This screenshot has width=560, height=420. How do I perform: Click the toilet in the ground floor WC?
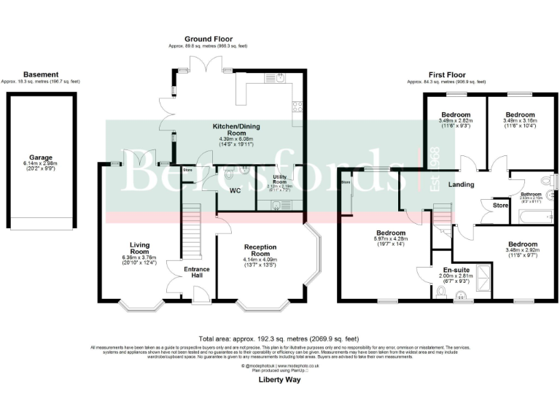230,175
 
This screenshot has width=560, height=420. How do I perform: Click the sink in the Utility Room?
276,204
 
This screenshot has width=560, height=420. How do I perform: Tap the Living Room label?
140,248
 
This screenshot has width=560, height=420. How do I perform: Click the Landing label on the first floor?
462,184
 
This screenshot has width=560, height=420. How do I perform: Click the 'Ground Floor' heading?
208,39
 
